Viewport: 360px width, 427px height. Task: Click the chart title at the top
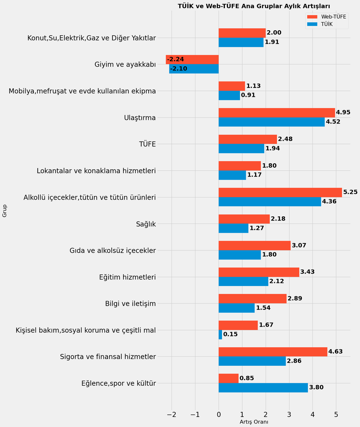(254, 6)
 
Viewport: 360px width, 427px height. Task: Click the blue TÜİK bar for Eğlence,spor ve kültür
(263, 388)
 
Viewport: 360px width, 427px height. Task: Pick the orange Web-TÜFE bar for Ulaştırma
(277, 112)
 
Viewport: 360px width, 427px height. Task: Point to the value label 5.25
(350, 192)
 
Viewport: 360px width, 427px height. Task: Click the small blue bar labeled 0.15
(220, 334)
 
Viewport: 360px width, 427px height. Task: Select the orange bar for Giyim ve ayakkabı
(192, 59)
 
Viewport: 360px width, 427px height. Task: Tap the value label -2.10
(179, 69)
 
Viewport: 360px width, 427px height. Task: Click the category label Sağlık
(146, 224)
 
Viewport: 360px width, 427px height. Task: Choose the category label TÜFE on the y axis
(147, 144)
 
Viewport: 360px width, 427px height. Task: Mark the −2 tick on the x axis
(171, 415)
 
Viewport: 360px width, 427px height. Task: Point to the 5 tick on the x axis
(336, 415)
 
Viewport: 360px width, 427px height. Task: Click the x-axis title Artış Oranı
(254, 422)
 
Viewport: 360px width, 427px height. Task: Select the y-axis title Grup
(5, 211)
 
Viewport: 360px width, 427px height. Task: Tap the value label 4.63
(335, 352)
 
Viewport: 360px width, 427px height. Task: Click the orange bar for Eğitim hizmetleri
(259, 272)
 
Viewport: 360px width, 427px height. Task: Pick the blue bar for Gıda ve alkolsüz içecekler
(240, 255)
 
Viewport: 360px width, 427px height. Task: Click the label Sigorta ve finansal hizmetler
(108, 357)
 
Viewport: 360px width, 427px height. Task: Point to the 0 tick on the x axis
(219, 415)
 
